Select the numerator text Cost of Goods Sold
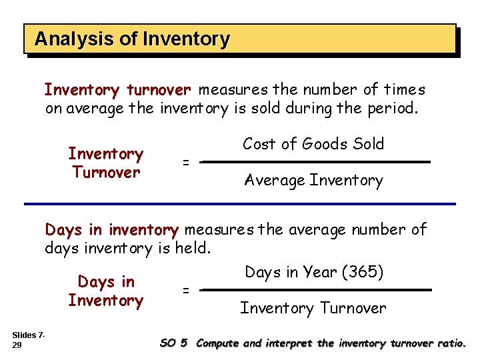click(313, 144)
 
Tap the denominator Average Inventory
click(313, 180)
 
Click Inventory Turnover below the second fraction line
click(313, 308)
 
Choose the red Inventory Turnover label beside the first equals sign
click(105, 163)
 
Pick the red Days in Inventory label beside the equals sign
click(105, 291)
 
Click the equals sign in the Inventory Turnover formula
click(186, 163)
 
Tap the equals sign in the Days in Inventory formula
click(186, 290)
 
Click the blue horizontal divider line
click(240, 203)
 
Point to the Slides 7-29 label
click(27, 339)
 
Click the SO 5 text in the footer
click(174, 343)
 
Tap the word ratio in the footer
click(453, 343)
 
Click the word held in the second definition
click(195, 249)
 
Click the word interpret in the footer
click(291, 343)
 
